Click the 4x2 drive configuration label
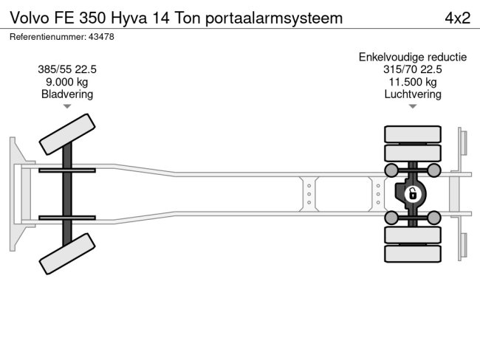457,18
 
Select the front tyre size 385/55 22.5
67,69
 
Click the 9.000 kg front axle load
67,82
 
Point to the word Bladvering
67,94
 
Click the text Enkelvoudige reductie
412,57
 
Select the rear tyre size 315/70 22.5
412,69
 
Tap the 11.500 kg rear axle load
412,82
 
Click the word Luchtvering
412,94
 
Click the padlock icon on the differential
413,194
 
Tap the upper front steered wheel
67,135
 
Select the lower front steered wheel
67,255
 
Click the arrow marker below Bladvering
67,107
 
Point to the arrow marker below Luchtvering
412,107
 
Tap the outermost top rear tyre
412,134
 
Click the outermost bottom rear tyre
412,255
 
